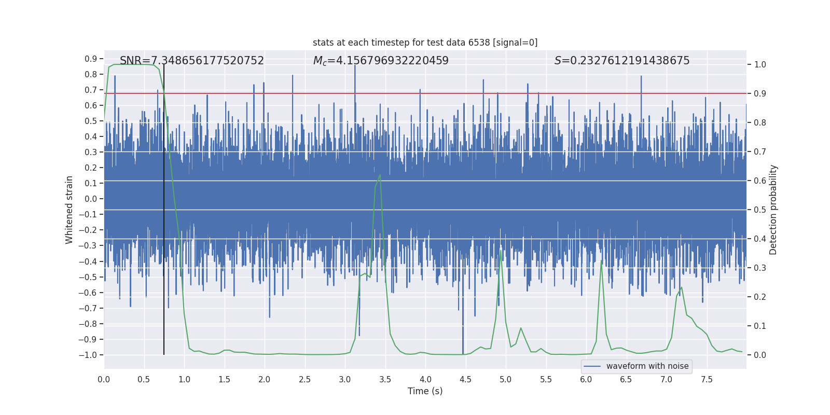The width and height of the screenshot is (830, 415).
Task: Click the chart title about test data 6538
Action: [425, 43]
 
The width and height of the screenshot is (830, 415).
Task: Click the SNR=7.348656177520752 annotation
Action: [192, 61]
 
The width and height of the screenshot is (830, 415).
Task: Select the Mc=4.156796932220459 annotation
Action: [381, 61]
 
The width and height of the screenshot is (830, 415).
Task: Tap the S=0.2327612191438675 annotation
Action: [622, 61]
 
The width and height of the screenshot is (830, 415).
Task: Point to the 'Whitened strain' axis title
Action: [70, 210]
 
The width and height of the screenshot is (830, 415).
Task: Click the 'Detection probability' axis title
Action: [773, 210]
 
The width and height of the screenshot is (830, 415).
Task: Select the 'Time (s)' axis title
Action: [425, 391]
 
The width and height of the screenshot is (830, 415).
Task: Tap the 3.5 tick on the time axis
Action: [385, 379]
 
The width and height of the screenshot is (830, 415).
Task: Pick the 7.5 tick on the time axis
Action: [707, 379]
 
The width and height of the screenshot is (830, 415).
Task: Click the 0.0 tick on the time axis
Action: [104, 379]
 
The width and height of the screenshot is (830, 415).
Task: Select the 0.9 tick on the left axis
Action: [91, 59]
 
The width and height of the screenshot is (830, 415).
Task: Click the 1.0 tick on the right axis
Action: [760, 65]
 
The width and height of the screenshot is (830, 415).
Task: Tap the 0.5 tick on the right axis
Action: [760, 210]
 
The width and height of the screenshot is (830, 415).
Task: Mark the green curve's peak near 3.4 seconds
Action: [380, 175]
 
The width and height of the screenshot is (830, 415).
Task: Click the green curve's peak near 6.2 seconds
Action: [601, 260]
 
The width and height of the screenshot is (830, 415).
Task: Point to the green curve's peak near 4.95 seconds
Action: [501, 251]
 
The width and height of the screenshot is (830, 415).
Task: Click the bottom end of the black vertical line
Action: [164, 354]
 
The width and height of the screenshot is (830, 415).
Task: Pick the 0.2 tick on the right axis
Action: [760, 297]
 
